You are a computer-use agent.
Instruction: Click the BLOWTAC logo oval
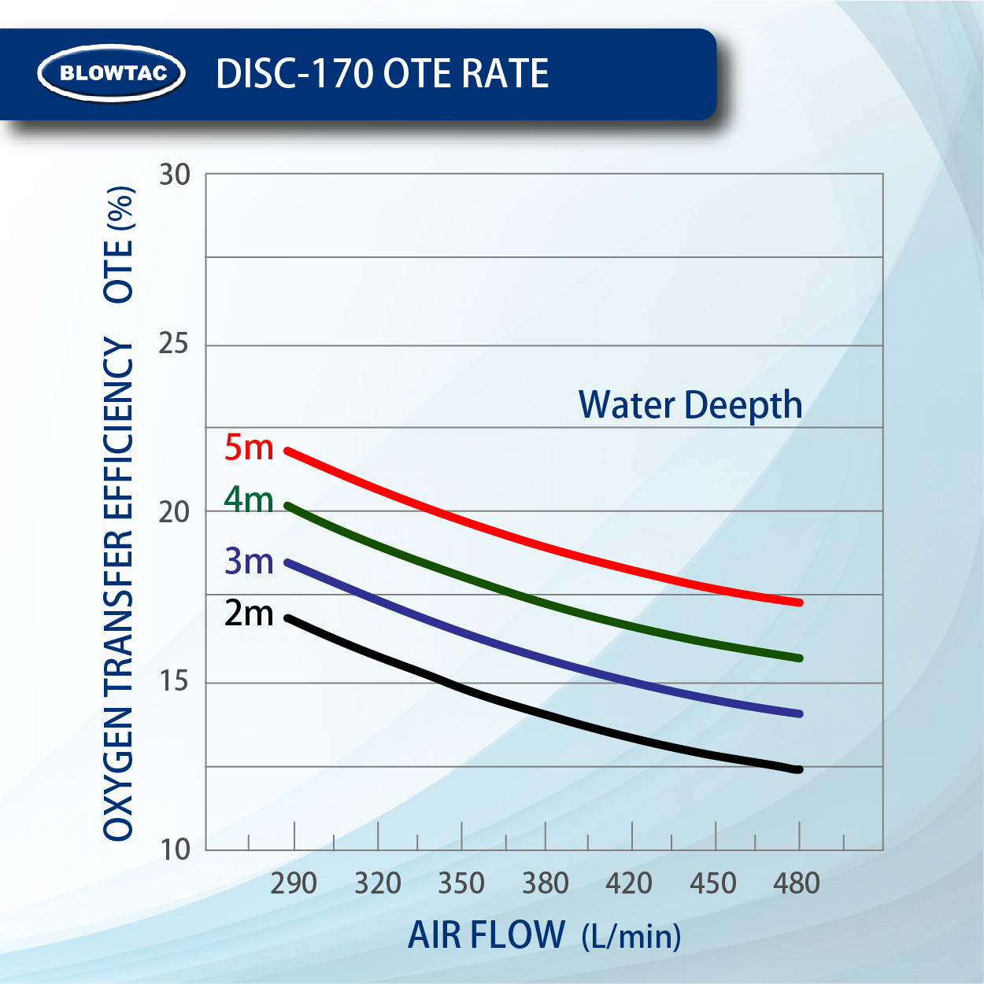point(113,73)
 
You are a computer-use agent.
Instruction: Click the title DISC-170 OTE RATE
point(382,74)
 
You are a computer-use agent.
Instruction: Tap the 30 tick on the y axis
point(175,175)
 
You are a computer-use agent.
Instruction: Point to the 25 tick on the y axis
point(174,344)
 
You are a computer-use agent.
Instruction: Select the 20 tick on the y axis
point(174,512)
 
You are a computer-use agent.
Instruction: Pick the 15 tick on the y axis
point(174,681)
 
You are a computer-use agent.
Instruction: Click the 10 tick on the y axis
point(175,849)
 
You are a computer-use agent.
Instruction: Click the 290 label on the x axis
point(294,883)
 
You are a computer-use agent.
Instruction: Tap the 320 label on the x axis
point(378,883)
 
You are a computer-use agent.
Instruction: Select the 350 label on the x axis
point(461,883)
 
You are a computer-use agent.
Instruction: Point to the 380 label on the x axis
point(546,883)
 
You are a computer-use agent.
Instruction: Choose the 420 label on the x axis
point(629,883)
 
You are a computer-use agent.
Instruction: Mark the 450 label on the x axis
point(713,883)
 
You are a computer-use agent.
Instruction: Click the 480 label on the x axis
point(797,883)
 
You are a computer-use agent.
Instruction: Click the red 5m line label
point(249,448)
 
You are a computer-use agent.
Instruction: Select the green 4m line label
point(249,499)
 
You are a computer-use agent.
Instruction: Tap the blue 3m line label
point(249,561)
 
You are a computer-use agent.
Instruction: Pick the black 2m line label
point(249,614)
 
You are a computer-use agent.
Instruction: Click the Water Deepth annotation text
point(690,405)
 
